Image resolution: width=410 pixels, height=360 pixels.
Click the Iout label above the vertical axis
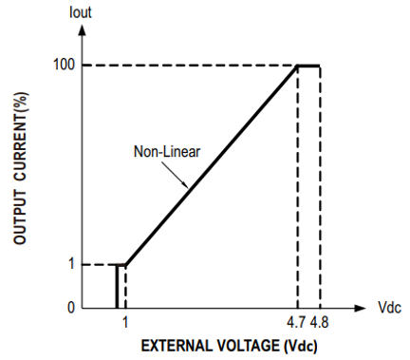pos(81,12)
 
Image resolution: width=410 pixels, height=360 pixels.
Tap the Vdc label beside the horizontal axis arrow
pos(389,308)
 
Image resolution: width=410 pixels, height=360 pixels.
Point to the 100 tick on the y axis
pos(64,65)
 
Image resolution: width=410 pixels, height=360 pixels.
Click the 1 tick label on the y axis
pos(71,263)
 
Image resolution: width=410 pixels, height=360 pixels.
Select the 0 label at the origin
pos(71,308)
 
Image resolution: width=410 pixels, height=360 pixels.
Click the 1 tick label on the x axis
pos(125,322)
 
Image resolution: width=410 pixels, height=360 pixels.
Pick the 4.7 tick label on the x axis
pos(296,322)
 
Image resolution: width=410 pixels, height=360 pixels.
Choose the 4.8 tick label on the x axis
pos(319,322)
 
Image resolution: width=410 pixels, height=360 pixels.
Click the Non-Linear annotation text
pos(167,152)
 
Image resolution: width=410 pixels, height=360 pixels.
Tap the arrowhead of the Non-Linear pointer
pos(185,185)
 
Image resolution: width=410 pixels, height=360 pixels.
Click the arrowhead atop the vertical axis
pos(82,29)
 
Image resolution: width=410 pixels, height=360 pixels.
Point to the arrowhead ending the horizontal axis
pos(360,308)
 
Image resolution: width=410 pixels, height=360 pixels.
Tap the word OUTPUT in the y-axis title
pos(20,218)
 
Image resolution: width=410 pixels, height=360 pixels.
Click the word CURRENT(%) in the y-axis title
pos(20,137)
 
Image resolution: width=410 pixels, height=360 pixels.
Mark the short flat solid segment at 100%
pos(308,66)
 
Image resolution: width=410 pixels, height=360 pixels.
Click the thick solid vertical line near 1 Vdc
pos(117,286)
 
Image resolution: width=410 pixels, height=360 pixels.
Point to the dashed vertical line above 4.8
pos(320,187)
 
